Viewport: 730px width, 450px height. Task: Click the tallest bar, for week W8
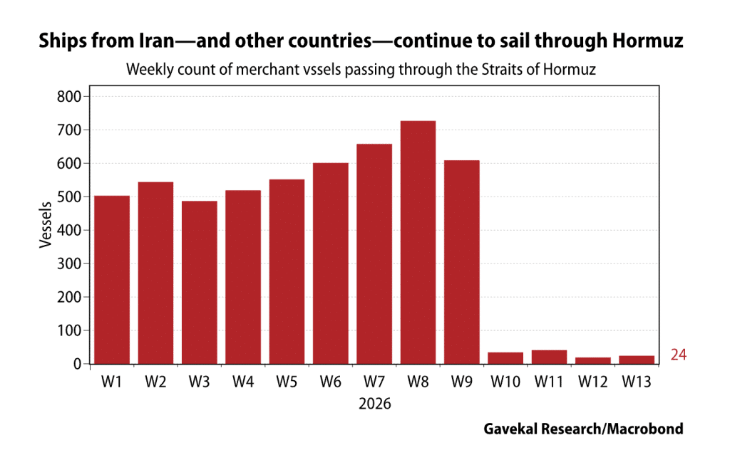tap(418, 242)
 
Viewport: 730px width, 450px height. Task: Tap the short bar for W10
tap(505, 357)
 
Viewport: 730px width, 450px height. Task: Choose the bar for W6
tap(330, 263)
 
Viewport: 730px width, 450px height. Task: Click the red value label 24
tap(678, 355)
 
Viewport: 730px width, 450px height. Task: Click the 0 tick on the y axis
tap(79, 364)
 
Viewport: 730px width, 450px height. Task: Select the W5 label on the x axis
tap(287, 382)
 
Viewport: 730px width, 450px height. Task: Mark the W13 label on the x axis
tap(637, 382)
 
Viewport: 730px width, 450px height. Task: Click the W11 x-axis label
tap(549, 382)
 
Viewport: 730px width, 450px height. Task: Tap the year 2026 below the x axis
tap(375, 403)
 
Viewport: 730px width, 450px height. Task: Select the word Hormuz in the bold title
tap(648, 42)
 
